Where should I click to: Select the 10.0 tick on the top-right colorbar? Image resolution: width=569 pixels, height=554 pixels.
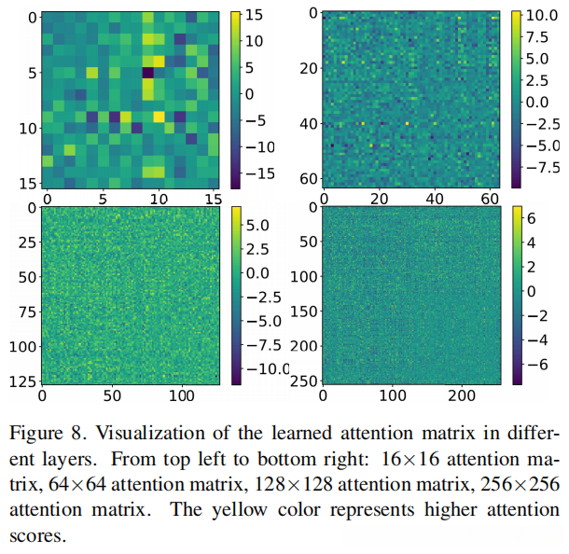[x=540, y=16]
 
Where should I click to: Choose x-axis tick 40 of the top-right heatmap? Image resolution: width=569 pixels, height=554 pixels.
[x=435, y=200]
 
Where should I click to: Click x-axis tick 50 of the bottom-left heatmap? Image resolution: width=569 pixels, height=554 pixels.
[x=113, y=397]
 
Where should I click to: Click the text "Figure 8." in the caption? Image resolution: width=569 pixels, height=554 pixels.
[x=44, y=434]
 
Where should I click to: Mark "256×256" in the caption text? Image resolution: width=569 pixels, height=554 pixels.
[x=521, y=486]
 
